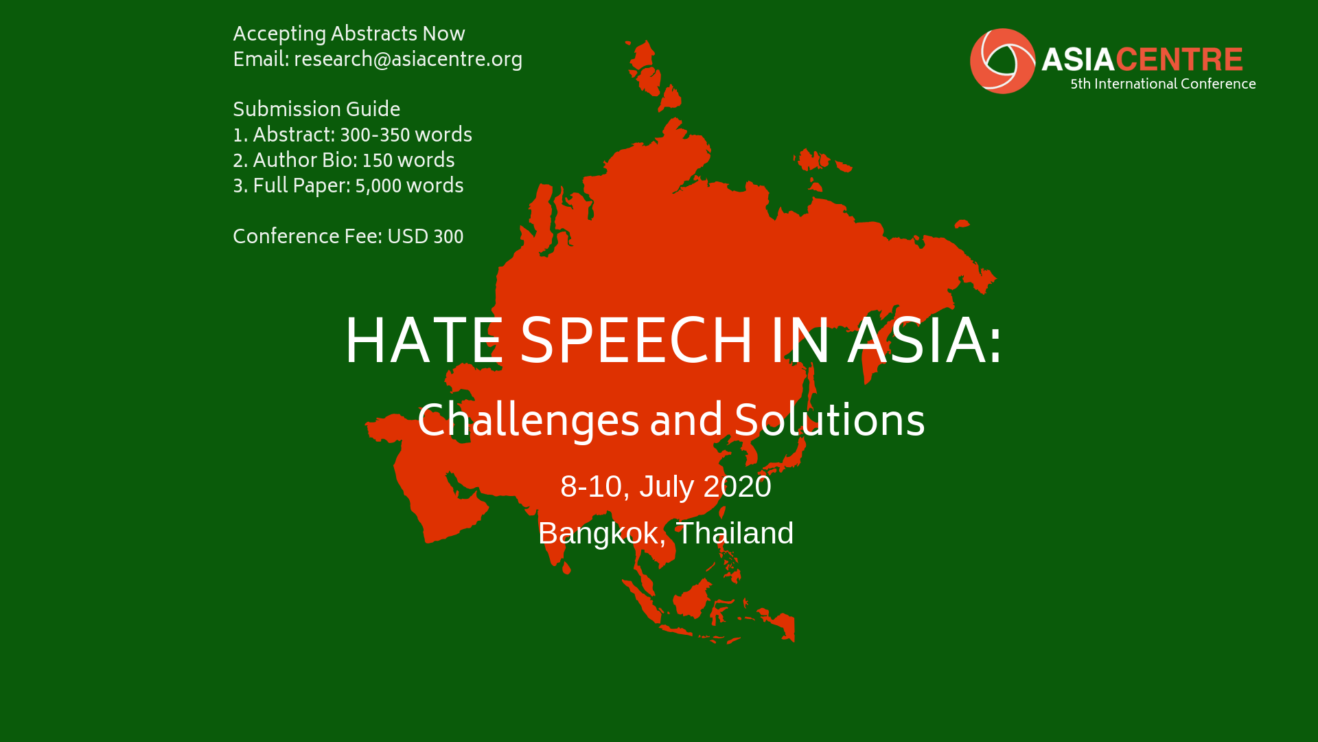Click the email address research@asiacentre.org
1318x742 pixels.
408,60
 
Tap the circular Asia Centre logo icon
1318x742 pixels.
1002,60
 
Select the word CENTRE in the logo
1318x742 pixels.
1179,60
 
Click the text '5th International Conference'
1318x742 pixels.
1163,85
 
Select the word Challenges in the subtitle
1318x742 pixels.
529,420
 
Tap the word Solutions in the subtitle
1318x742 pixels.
829,420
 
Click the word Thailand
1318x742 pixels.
735,533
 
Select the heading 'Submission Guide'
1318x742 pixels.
316,110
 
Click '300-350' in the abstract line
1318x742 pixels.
375,136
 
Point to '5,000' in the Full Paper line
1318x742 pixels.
378,187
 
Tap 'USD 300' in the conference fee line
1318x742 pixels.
426,238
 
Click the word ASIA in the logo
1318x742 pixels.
1078,60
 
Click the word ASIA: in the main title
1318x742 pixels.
925,341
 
